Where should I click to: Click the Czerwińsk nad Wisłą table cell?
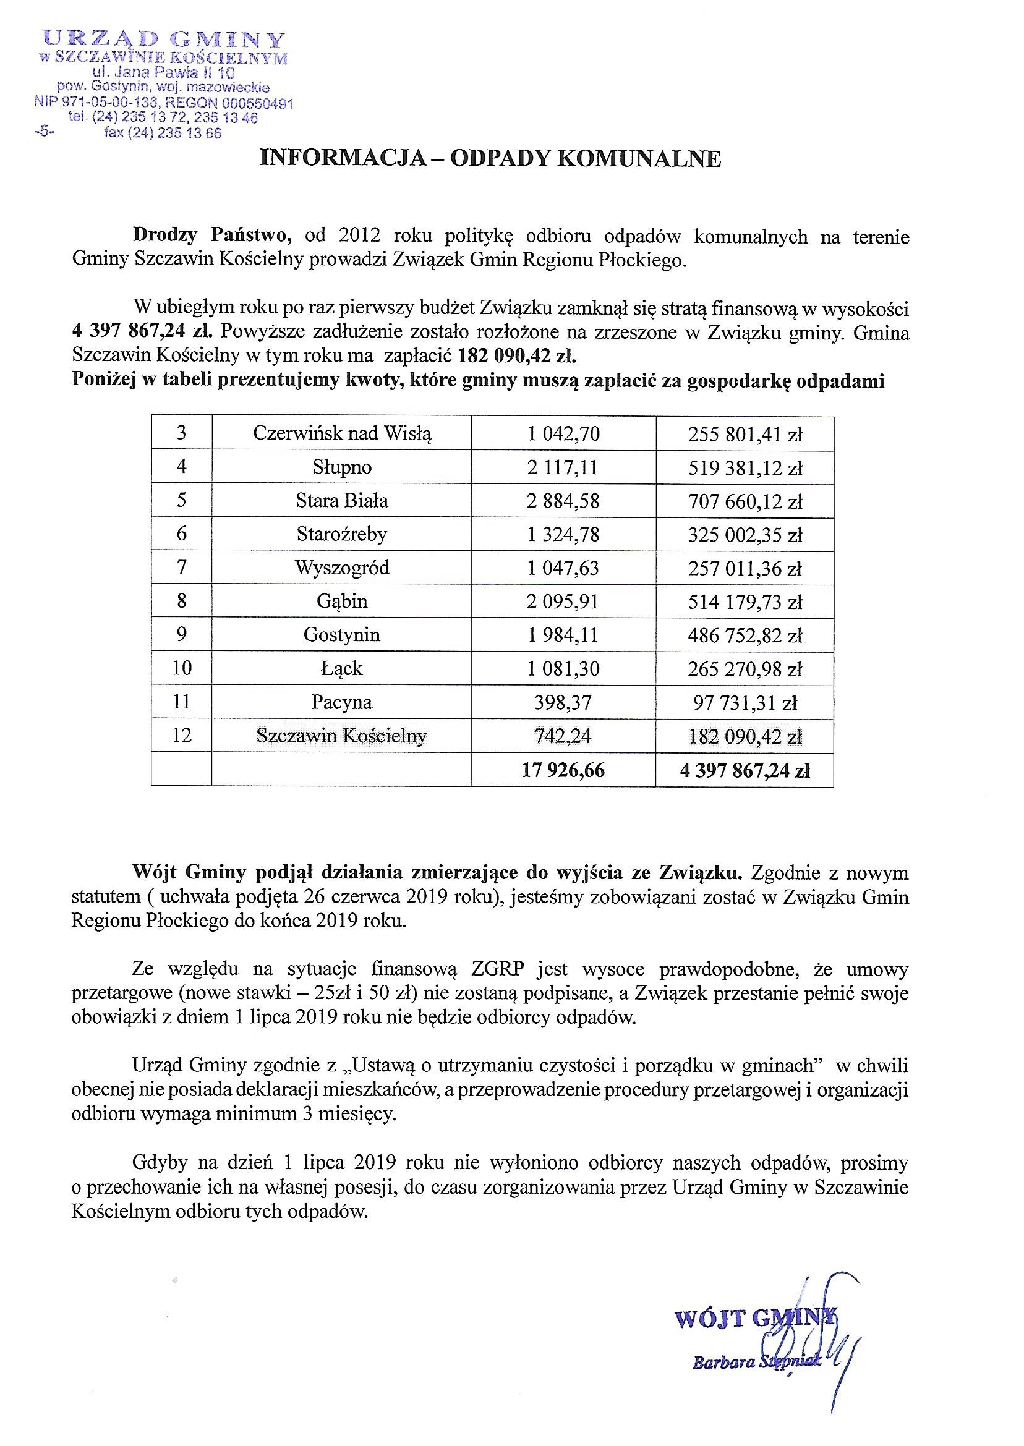342,433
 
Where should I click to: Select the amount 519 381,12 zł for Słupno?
745,468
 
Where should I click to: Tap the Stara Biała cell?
342,501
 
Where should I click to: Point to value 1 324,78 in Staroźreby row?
563,535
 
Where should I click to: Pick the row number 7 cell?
182,568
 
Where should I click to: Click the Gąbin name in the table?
342,602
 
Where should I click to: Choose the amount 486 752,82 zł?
745,636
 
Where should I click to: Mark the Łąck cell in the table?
342,668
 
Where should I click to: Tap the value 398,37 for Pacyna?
563,702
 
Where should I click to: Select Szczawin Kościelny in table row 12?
342,736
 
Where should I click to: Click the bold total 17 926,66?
563,770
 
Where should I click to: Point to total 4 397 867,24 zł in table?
745,770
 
